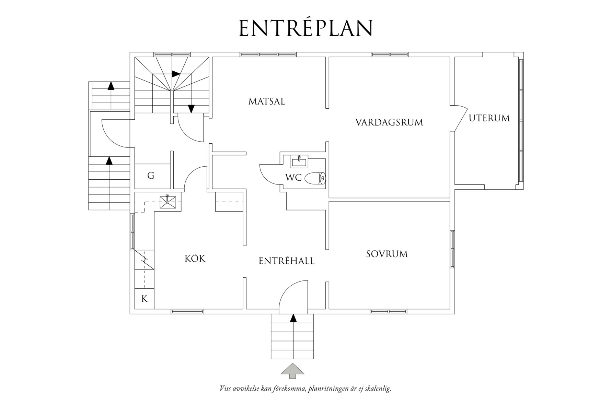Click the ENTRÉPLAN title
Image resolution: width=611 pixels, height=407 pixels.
click(305, 28)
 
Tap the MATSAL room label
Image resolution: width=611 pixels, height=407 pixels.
click(267, 101)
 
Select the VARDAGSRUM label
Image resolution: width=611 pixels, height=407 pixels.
click(389, 122)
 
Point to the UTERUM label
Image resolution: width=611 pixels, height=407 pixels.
click(489, 118)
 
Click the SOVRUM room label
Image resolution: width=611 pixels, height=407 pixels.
click(387, 254)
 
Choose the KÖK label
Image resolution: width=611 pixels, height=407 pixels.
click(195, 258)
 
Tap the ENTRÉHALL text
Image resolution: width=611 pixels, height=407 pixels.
click(286, 261)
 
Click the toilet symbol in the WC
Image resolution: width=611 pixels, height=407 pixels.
click(315, 178)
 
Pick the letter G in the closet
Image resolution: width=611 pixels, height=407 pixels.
click(151, 176)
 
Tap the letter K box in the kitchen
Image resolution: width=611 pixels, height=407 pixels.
click(145, 299)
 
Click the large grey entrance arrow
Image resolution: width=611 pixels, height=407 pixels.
click(292, 371)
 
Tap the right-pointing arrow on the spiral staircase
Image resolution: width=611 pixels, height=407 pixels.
click(176, 74)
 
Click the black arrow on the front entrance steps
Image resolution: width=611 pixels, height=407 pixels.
click(293, 318)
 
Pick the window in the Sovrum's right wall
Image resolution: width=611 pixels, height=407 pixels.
click(452, 249)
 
